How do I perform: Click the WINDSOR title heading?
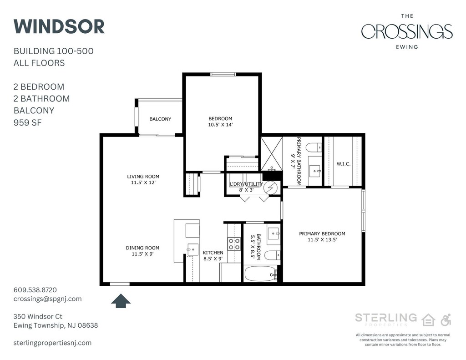[x=59, y=26]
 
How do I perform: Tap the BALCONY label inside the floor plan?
[x=160, y=119]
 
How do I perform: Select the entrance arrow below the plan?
[x=121, y=301]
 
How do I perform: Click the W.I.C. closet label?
[x=344, y=164]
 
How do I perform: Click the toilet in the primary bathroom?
[x=314, y=147]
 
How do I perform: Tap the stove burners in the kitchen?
[x=234, y=244]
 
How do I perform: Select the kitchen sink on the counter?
[x=192, y=249]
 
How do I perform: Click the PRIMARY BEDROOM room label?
[x=322, y=233]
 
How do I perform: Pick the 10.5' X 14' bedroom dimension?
[x=220, y=125]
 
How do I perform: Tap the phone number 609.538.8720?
[x=35, y=290]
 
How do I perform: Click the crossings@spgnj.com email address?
[x=47, y=299]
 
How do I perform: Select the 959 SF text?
[x=28, y=122]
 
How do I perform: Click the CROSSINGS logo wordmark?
[x=407, y=31]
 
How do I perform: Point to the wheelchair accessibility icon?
[x=446, y=319]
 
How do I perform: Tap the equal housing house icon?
[x=429, y=320]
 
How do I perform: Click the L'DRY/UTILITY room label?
[x=246, y=184]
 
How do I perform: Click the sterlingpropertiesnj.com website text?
[x=53, y=343]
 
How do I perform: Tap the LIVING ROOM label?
[x=143, y=176]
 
